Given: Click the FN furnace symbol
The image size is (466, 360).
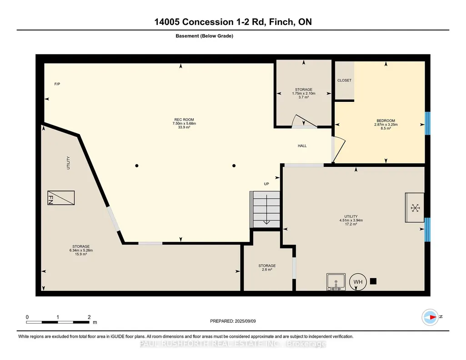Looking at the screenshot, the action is tap(61, 198).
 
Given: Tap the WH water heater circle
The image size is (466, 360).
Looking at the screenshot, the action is tap(358, 281).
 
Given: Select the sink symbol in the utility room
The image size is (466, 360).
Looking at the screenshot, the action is tap(336, 282).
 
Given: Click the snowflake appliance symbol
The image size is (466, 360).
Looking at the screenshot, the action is tap(415, 208).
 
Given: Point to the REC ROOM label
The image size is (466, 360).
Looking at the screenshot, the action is tap(184, 120).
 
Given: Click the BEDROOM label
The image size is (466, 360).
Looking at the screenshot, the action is tap(386, 120).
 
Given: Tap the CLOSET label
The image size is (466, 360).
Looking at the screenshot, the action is tap(345, 80).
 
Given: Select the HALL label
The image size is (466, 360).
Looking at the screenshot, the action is tap(302, 146).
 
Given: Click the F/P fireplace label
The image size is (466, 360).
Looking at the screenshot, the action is tap(57, 84).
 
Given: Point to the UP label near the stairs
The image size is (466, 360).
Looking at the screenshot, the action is tap(266, 184).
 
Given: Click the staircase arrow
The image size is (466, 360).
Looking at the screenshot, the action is tap(266, 209).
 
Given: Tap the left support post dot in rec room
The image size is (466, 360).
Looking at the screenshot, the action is tap(137, 166).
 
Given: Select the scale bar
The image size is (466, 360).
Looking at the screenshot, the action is tap(58, 322).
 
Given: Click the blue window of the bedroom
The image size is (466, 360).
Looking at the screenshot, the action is tap(427, 123).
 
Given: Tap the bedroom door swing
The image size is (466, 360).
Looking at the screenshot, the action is tap(338, 150).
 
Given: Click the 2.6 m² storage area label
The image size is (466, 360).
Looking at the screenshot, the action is tap(267, 270).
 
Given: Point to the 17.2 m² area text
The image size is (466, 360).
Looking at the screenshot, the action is tap(351, 224).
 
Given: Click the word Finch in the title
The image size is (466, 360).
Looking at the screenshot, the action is tap(280, 22).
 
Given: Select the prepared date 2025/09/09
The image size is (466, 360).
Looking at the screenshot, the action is tap(245, 321).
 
